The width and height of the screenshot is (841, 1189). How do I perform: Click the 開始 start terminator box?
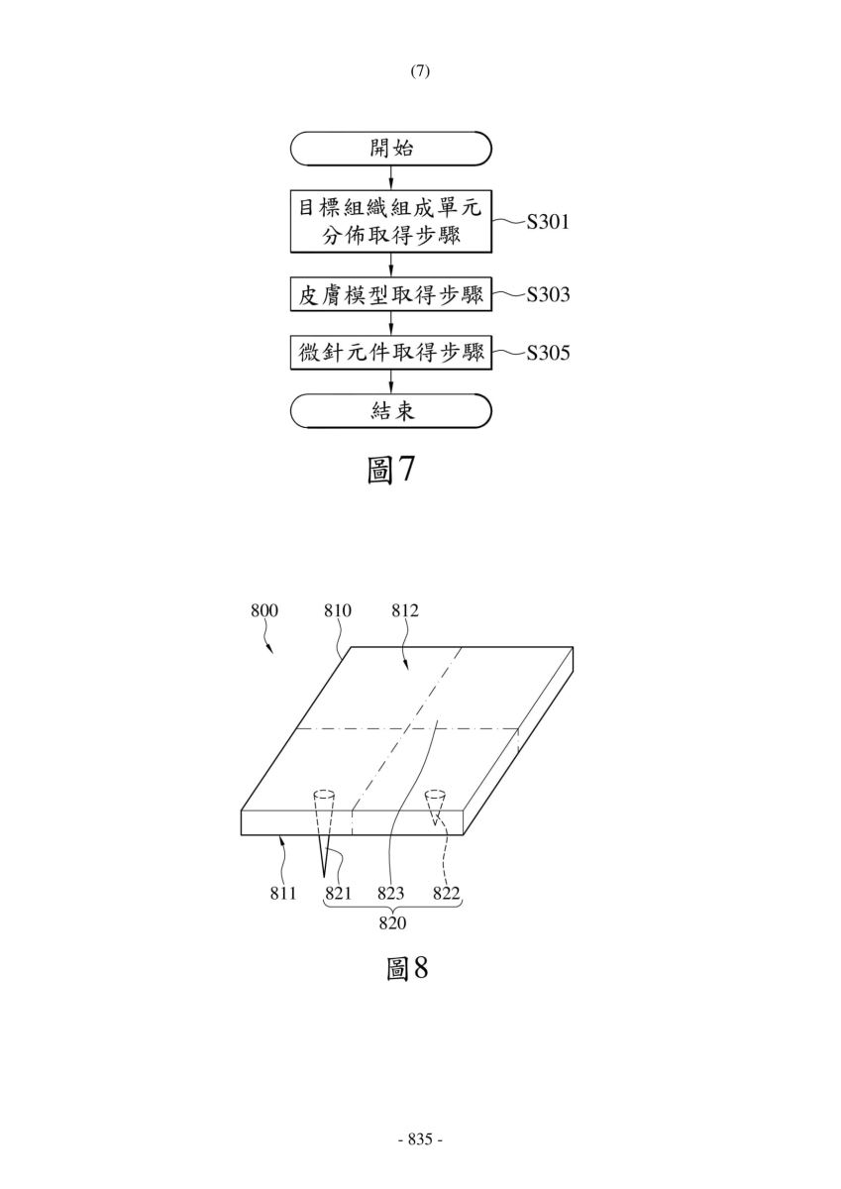click(x=391, y=148)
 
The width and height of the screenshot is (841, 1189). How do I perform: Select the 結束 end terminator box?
click(x=391, y=411)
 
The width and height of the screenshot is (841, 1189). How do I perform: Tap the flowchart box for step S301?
click(x=391, y=221)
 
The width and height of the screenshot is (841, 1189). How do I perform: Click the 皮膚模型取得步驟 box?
click(x=391, y=294)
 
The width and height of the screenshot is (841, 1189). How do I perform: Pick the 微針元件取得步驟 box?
click(x=391, y=353)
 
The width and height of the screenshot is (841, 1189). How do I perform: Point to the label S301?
click(x=548, y=222)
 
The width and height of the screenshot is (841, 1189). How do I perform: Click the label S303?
click(x=548, y=294)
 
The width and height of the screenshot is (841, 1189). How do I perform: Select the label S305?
click(x=548, y=353)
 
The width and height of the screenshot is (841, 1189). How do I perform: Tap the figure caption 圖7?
click(x=390, y=471)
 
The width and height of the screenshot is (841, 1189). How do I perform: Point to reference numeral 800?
click(x=264, y=610)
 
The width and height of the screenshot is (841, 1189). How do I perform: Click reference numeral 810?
click(x=338, y=610)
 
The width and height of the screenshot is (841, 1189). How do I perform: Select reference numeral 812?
click(x=405, y=610)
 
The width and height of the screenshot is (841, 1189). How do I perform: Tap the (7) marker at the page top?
click(x=420, y=71)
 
